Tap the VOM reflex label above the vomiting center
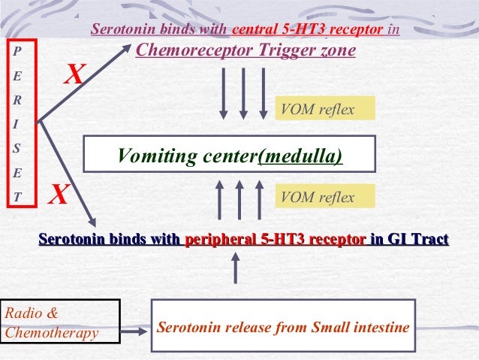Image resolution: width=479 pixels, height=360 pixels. [x=315, y=110]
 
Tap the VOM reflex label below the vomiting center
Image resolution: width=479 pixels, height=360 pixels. [x=315, y=197]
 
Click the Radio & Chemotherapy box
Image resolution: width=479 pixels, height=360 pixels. [x=60, y=322]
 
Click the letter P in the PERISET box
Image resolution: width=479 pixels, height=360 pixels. [x=18, y=51]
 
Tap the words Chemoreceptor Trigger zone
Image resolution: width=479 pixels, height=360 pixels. [x=245, y=51]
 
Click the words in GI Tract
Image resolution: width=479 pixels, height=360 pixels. [x=409, y=240]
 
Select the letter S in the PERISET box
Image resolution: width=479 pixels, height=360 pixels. [x=18, y=149]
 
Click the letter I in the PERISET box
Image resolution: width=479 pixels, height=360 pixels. [x=18, y=125]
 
